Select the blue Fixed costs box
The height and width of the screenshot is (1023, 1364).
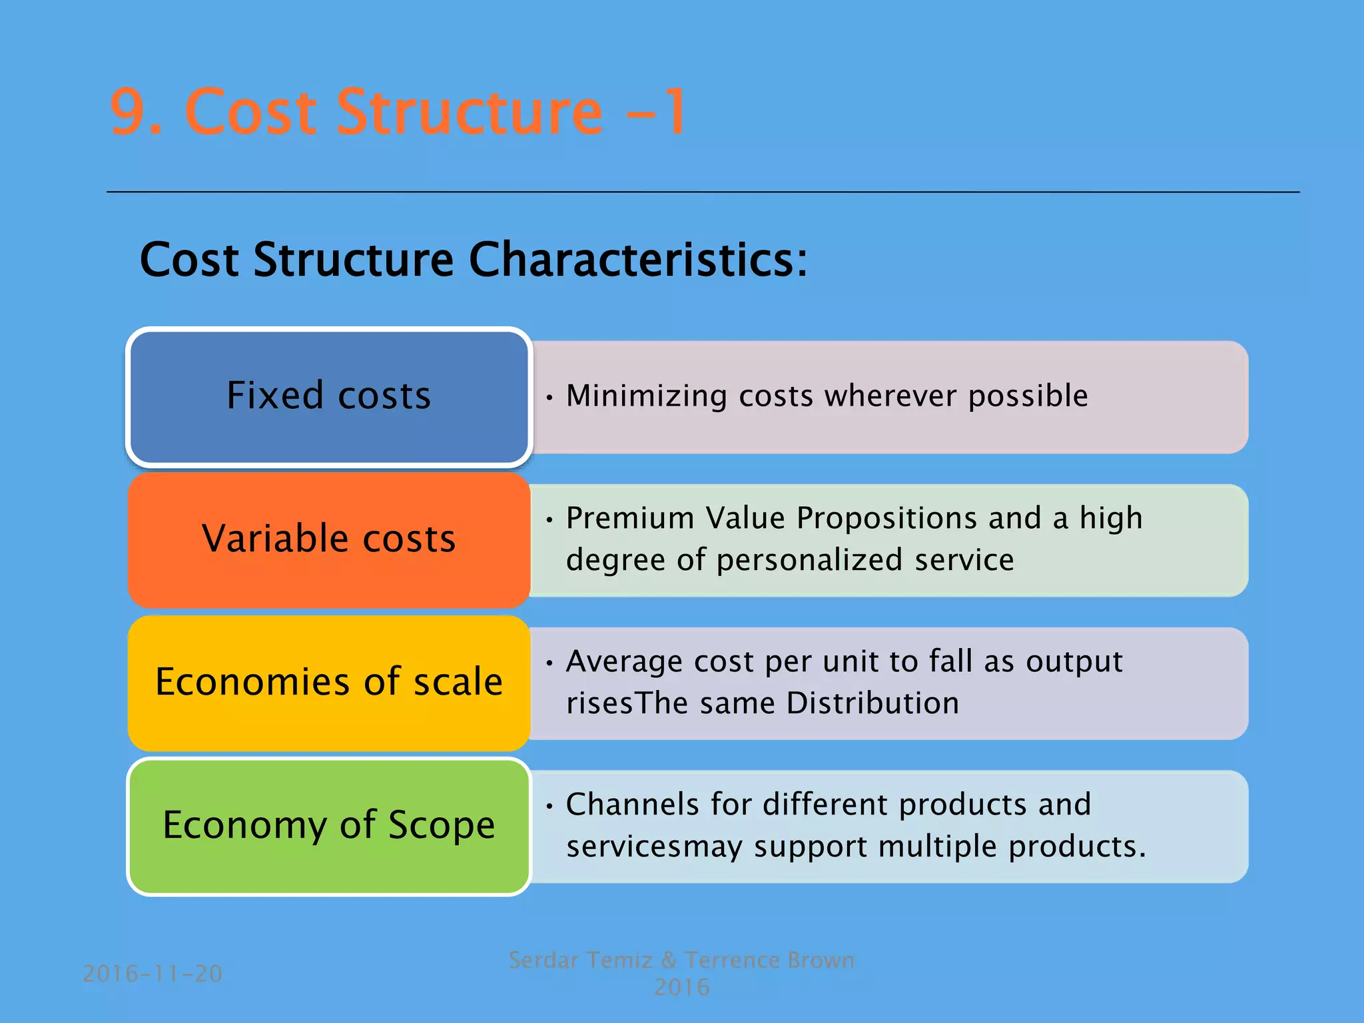tap(328, 396)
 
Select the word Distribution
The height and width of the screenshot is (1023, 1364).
tap(872, 703)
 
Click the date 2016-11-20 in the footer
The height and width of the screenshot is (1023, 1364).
tap(153, 974)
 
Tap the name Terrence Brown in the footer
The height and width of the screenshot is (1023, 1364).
tap(769, 960)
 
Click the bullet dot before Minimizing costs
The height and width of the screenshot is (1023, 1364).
tap(549, 398)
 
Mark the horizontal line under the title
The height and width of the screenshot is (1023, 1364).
tap(703, 192)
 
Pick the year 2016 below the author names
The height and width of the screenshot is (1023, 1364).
tap(681, 987)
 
